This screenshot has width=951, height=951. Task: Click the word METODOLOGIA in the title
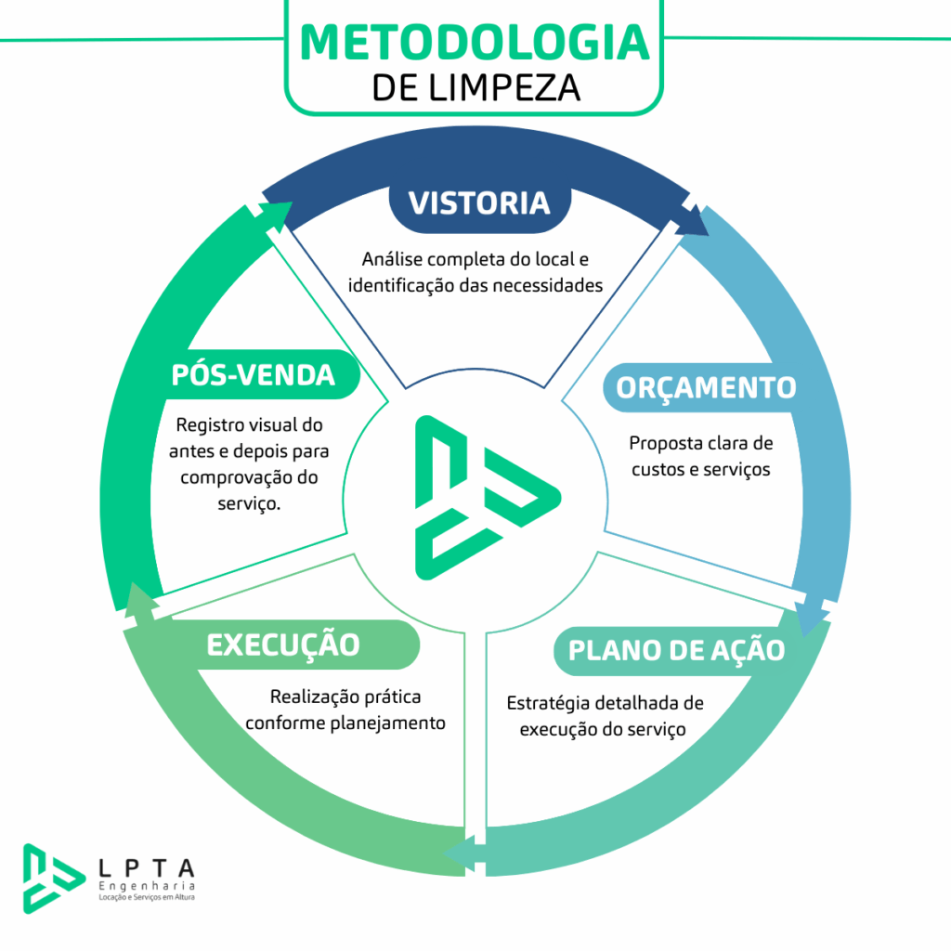(x=475, y=41)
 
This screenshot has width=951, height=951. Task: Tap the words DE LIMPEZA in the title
(x=475, y=87)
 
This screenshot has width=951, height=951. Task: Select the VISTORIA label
(x=479, y=202)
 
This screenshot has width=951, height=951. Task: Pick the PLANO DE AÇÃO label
(x=676, y=650)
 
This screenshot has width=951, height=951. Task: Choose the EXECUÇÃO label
(x=282, y=645)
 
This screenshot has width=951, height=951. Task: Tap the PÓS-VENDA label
(x=253, y=374)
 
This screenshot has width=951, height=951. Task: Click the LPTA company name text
(x=147, y=868)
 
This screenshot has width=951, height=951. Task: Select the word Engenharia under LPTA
(x=147, y=887)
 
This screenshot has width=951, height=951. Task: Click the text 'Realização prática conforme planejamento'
(x=345, y=709)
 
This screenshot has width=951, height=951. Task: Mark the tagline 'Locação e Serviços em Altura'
(x=147, y=900)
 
